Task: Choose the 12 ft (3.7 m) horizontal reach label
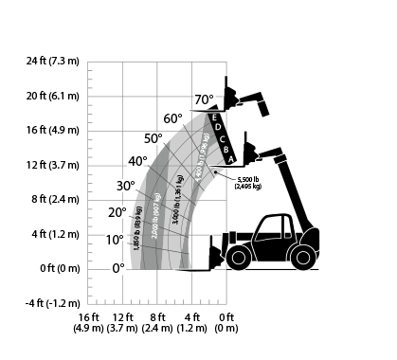123,323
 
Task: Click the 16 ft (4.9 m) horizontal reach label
89,323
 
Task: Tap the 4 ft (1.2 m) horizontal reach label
192,323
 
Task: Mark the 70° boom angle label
205,99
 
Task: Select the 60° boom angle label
172,119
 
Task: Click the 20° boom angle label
117,212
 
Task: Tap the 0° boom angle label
118,268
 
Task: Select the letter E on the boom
216,117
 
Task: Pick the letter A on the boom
228,160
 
